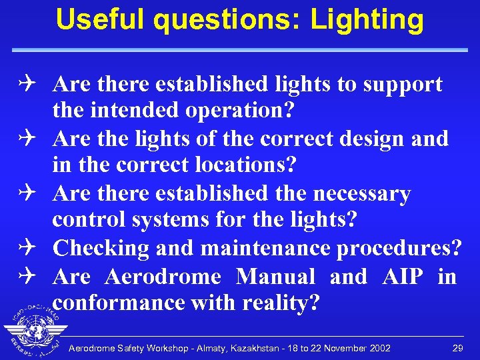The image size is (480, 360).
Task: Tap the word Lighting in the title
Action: pos(367,20)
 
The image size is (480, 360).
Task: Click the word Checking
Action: pos(101,248)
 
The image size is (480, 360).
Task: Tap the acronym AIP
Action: pos(403,276)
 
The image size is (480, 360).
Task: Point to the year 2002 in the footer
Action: pos(379,349)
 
